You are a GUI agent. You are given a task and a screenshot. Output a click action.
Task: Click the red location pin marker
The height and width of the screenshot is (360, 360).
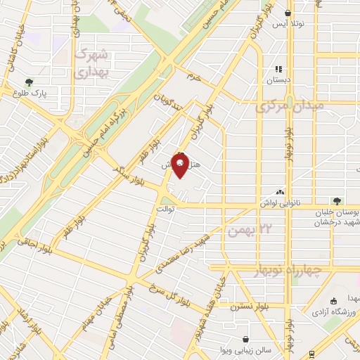click(181, 165)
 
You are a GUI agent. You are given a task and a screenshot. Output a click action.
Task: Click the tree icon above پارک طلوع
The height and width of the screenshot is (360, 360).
click(29, 82)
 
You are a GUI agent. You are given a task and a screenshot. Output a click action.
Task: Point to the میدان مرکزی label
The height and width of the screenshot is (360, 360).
click(289, 106)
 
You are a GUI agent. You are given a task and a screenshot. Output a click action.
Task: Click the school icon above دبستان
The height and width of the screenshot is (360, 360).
click(278, 70)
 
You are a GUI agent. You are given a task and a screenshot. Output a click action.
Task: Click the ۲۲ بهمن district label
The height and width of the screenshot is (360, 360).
click(245, 230)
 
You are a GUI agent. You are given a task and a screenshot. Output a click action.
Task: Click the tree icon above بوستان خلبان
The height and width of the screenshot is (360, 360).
click(337, 200)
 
